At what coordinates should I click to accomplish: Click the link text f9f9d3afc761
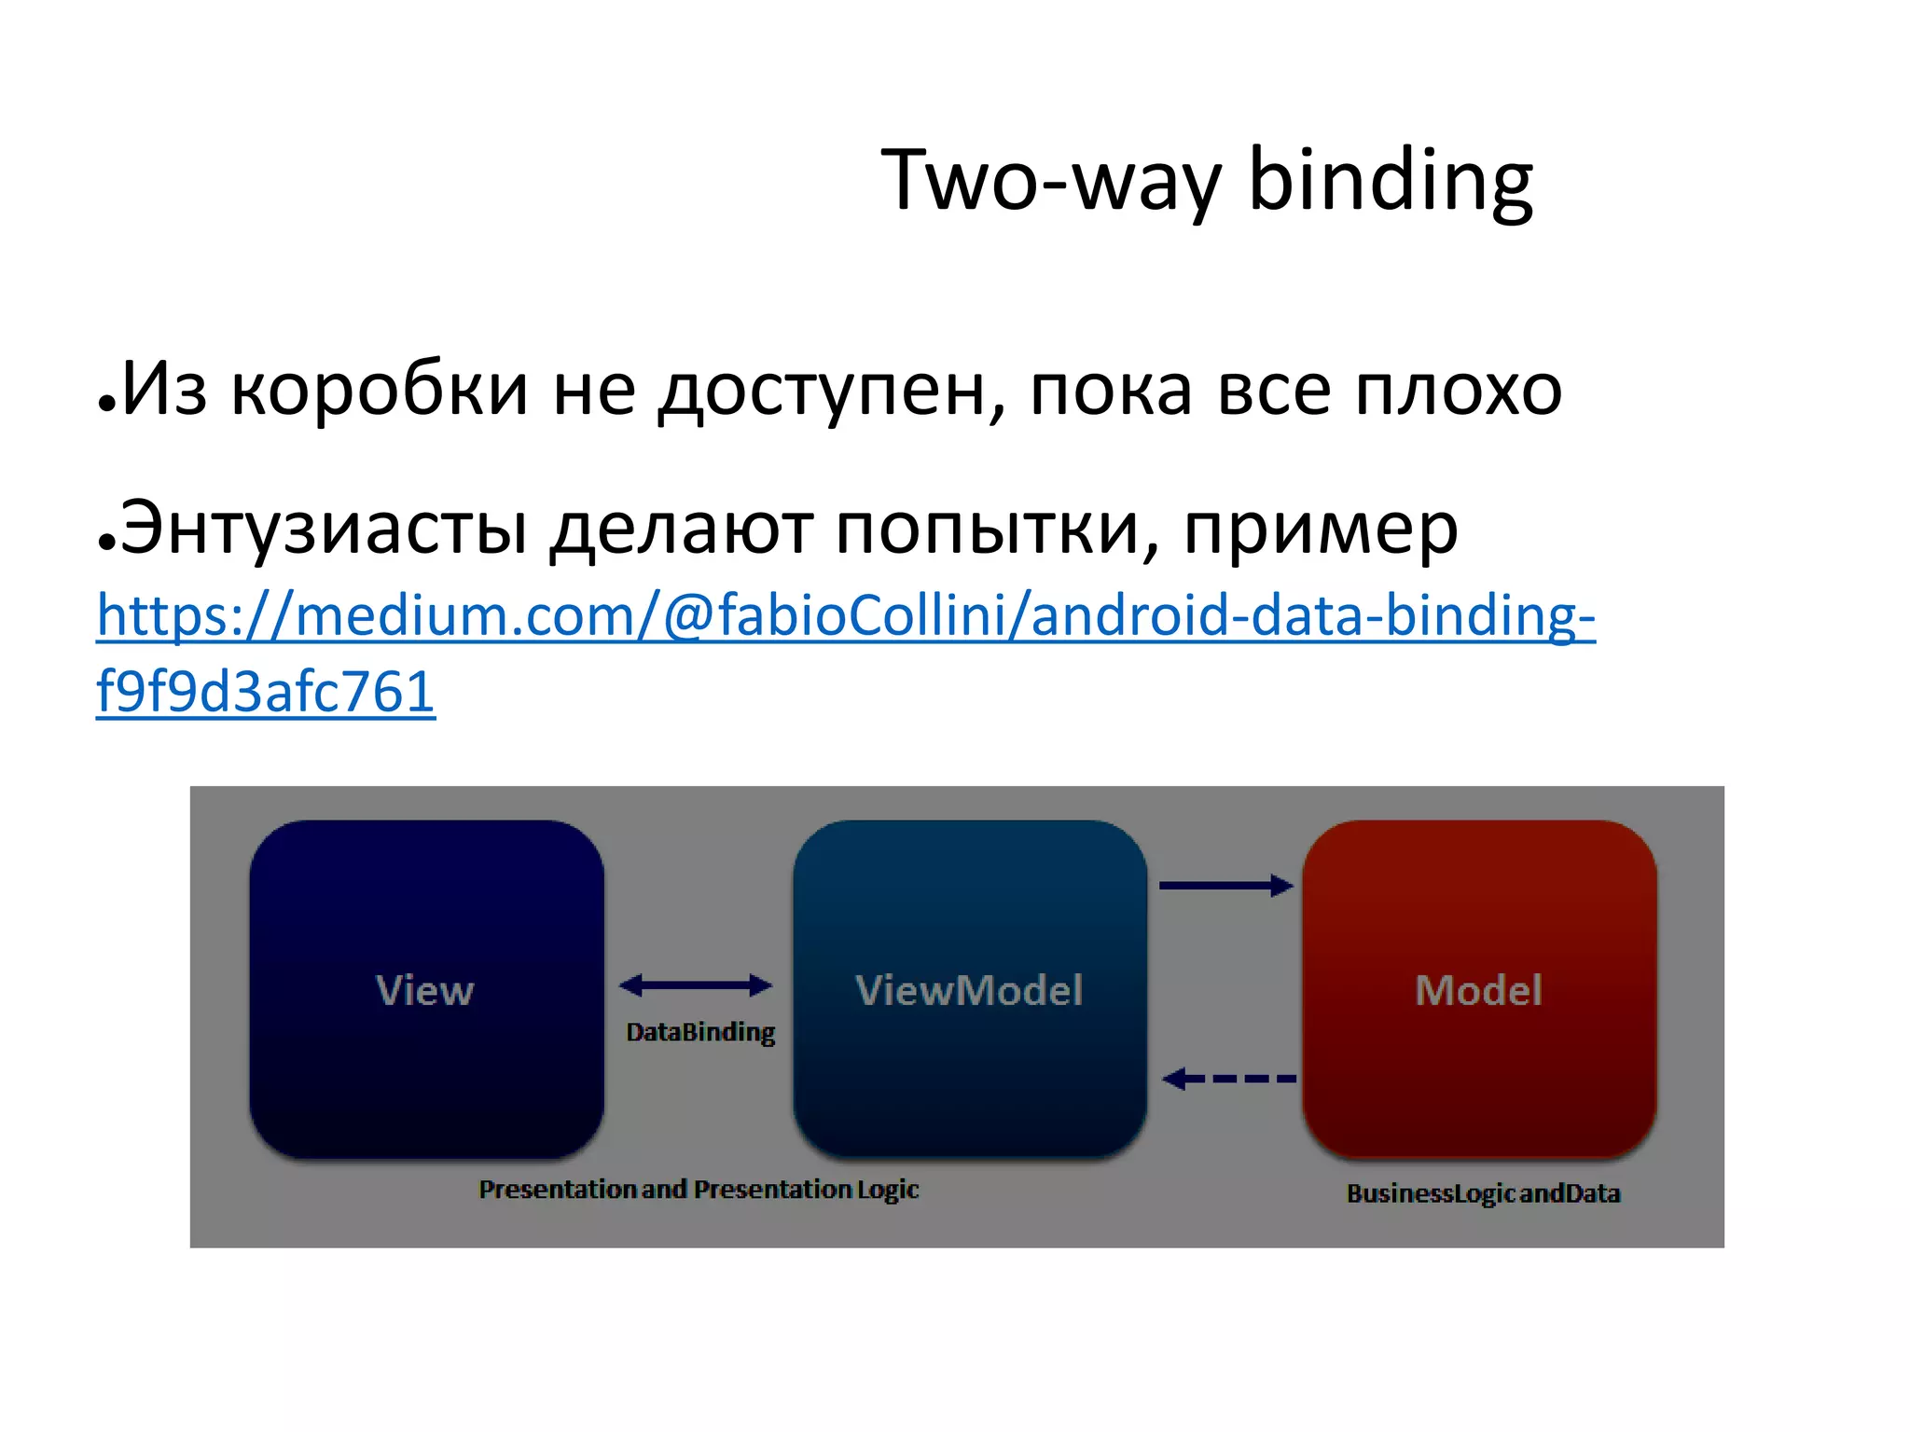click(x=266, y=693)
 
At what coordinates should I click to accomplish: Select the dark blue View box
click(x=426, y=989)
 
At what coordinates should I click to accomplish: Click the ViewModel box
click(x=969, y=989)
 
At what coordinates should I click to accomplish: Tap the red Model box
click(x=1478, y=989)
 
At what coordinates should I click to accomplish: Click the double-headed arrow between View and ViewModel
click(x=696, y=984)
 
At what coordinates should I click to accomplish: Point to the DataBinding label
click(x=700, y=1032)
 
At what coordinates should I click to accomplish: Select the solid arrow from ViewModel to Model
click(x=1225, y=886)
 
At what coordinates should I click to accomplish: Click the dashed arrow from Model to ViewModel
click(x=1229, y=1079)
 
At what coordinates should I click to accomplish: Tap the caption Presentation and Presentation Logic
click(x=699, y=1190)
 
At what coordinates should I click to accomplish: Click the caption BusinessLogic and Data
click(x=1483, y=1193)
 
